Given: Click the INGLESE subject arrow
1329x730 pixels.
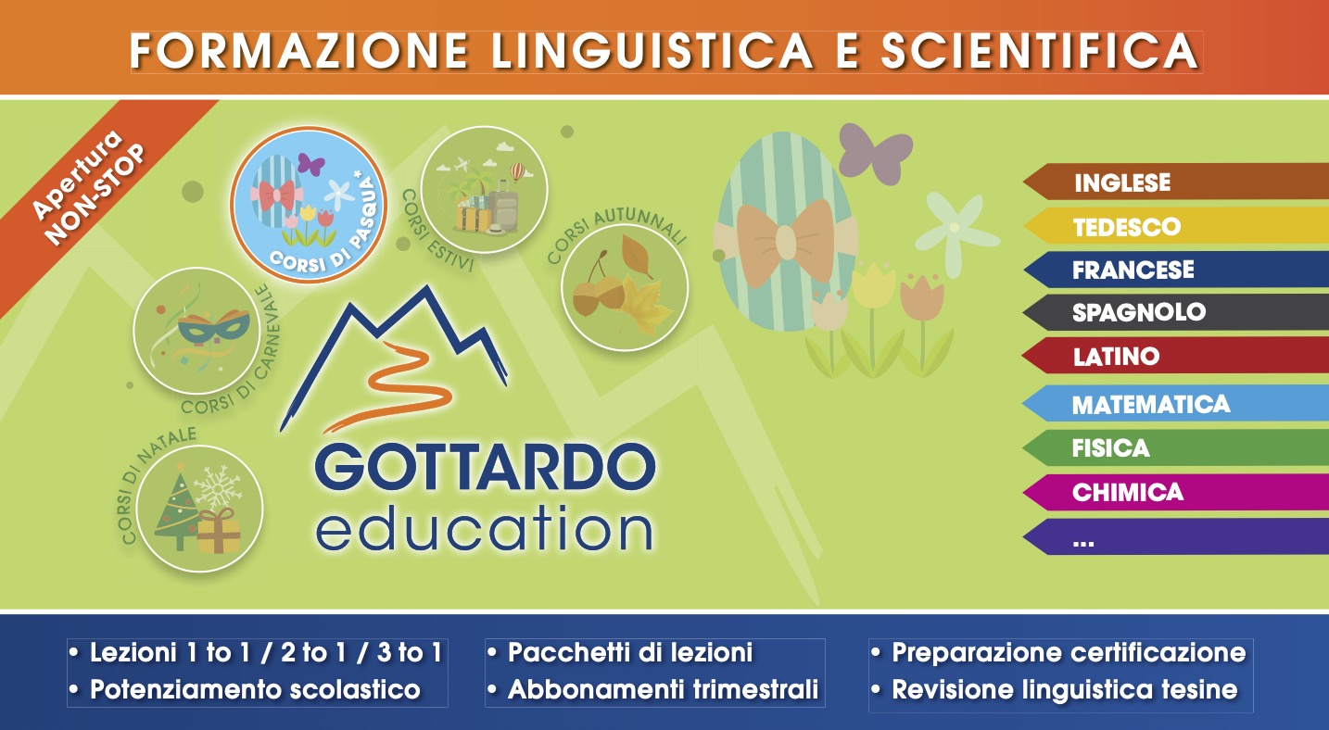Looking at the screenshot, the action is tap(1176, 182).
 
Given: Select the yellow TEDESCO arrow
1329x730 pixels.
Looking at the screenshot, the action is tap(1176, 226).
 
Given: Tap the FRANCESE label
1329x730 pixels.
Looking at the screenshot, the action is tap(1133, 270).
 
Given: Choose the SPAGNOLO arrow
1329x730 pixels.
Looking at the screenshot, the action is tap(1176, 312).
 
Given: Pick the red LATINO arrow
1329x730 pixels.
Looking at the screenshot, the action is tap(1176, 356).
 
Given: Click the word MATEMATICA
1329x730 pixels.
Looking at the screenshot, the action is tap(1151, 405).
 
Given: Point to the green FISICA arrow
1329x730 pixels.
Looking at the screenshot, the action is tap(1176, 447).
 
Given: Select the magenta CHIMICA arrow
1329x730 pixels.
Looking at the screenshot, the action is tap(1176, 492).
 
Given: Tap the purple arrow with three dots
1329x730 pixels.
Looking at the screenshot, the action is tap(1176, 536).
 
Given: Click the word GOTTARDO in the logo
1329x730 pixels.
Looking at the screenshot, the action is tap(486, 467).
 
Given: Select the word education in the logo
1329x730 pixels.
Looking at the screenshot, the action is tap(484, 528).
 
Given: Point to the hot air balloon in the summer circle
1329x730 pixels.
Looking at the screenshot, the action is tap(517, 171).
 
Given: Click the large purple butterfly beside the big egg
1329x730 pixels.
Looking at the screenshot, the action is tap(875, 153).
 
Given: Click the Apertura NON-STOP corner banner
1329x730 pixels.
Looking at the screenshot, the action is tap(89, 190).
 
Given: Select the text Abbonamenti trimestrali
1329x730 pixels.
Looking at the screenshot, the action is tap(664, 689).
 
